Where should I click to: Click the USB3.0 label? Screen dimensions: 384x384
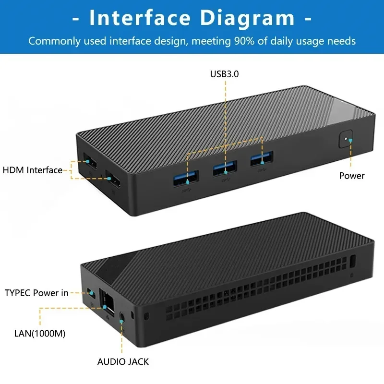(224, 74)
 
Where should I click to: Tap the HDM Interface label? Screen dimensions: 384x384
(33, 170)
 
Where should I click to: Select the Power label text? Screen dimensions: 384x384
(351, 176)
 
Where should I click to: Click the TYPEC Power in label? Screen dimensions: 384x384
(36, 293)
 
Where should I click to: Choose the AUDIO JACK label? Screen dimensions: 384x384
(123, 362)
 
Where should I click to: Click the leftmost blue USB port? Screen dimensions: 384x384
(186, 177)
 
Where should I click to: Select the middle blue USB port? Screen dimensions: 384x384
(224, 168)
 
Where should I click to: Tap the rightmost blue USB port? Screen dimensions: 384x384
(261, 159)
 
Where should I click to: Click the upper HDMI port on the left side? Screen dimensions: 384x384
(90, 161)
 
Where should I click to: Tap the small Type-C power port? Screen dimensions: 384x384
(91, 292)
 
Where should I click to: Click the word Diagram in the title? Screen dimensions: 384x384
(248, 18)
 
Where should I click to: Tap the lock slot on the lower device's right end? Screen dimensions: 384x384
(354, 262)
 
